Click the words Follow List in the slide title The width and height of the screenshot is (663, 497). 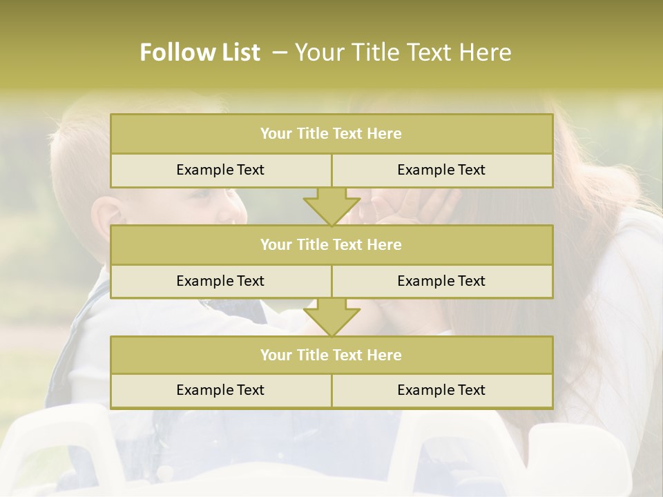coord(200,52)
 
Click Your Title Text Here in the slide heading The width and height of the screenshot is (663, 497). coord(403,52)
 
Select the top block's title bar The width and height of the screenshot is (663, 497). coord(331,134)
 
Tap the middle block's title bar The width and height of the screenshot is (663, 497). coord(331,244)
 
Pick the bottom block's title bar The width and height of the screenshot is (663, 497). coord(331,355)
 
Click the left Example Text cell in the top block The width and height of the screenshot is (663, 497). coord(220,170)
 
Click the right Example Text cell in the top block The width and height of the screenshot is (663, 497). coord(441,170)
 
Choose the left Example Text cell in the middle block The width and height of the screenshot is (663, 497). coord(220,281)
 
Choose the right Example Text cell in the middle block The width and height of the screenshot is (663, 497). coord(441,281)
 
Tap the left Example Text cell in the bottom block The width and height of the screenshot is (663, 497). coord(220,390)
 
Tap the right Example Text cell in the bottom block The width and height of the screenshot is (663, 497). coord(441,390)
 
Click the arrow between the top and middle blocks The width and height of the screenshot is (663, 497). coord(331,206)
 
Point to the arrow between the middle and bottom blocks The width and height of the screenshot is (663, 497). coord(331,317)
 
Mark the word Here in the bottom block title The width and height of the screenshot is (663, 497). coord(385,355)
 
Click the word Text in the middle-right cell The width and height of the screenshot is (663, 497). coord(470,281)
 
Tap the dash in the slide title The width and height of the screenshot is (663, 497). coord(280,52)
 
